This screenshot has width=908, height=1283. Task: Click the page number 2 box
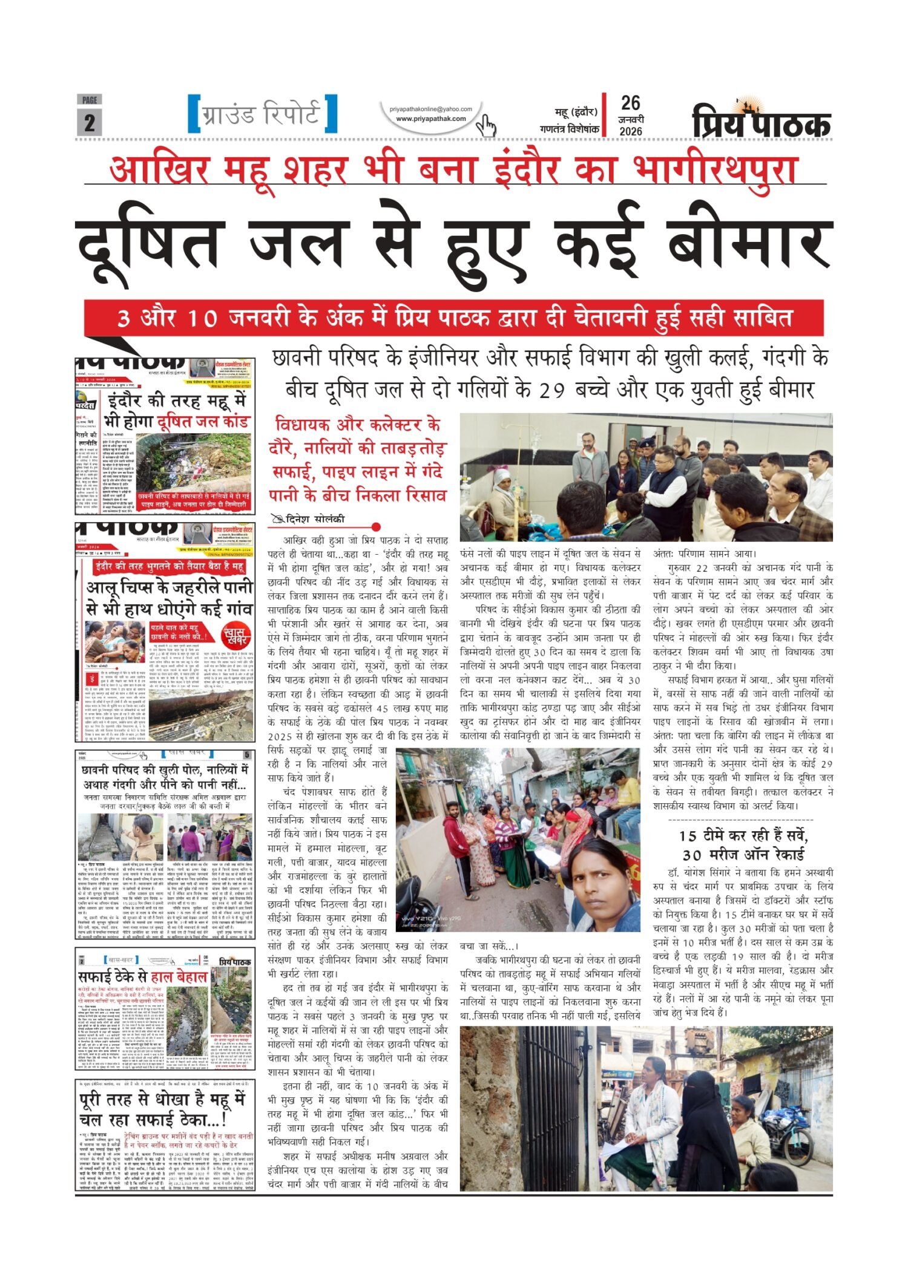pyautogui.click(x=90, y=122)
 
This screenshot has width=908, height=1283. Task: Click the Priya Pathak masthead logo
pyautogui.click(x=761, y=120)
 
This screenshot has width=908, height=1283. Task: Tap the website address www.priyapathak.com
pyautogui.click(x=431, y=119)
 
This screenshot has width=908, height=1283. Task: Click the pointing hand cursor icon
pyautogui.click(x=486, y=125)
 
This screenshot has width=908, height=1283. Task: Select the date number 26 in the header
pyautogui.click(x=630, y=104)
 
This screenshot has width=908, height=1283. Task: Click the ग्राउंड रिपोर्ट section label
pyautogui.click(x=262, y=114)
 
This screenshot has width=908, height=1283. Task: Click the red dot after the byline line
pyautogui.click(x=376, y=527)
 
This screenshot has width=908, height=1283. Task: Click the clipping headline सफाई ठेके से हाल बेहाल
pyautogui.click(x=143, y=977)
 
